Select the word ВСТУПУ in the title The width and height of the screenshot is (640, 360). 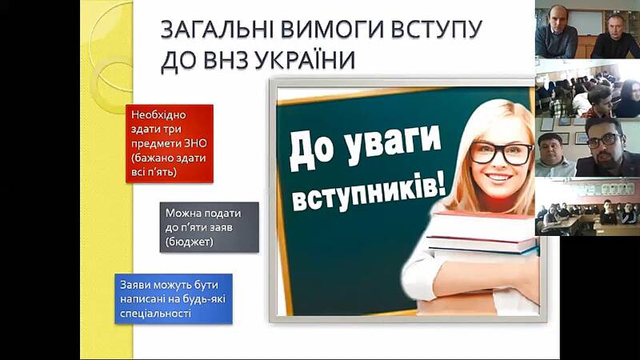pos(436,30)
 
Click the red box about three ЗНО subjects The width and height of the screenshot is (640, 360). pos(170,144)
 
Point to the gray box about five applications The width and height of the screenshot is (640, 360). pos(210,227)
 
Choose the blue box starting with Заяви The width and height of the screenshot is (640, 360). pos(174,298)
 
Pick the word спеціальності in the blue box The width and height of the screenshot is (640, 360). pos(155,314)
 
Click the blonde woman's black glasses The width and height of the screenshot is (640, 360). pos(502,153)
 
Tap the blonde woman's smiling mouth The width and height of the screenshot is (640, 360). pos(498,178)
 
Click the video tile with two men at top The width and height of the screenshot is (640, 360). pos(587,30)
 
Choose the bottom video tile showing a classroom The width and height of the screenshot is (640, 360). pos(587,207)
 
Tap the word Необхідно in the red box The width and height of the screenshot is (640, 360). pos(158,114)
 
